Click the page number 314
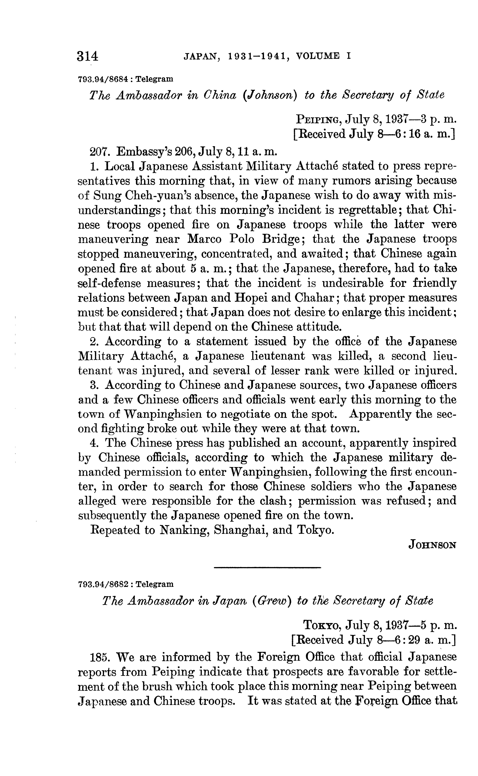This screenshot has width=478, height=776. pyautogui.click(x=87, y=56)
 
